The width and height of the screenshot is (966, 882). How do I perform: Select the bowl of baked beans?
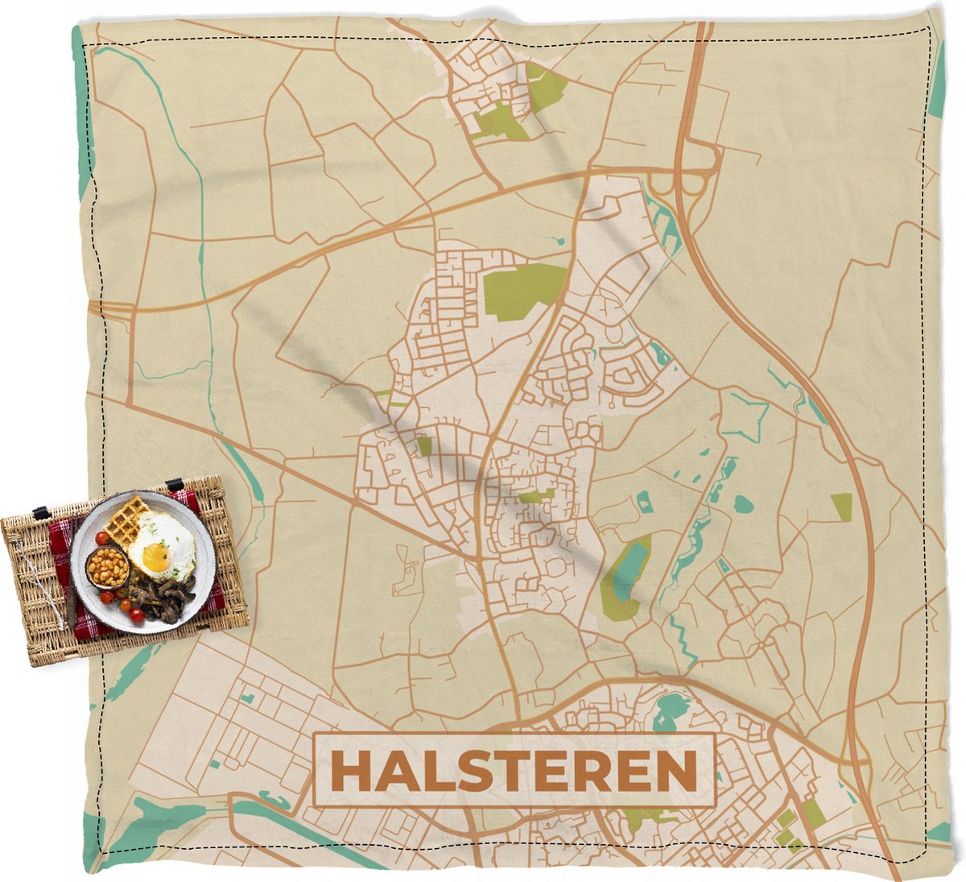[109, 568]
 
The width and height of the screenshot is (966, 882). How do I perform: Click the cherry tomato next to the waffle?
[101, 538]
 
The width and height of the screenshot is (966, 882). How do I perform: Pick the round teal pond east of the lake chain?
[743, 505]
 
